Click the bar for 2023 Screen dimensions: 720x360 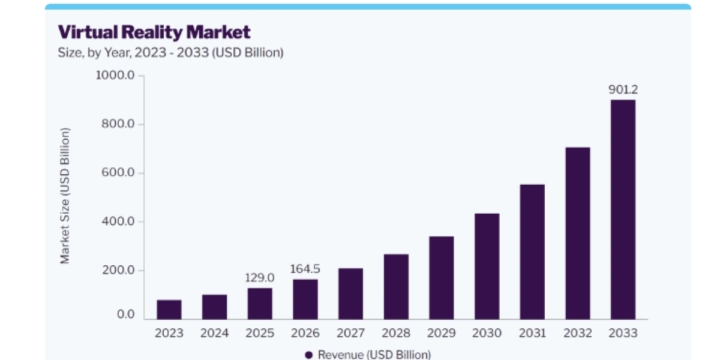point(169,310)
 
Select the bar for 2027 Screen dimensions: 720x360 point(350,294)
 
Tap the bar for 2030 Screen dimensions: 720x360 point(487,266)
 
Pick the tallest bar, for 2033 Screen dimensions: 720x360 point(623,209)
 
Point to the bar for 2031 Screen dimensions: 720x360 point(532,251)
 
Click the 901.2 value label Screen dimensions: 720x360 point(623,89)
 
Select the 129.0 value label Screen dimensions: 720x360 point(260,278)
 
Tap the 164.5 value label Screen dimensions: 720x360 point(305,269)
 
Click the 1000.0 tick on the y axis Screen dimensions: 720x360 point(115,75)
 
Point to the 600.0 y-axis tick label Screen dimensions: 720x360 point(118,173)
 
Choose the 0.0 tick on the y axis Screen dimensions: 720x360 point(125,314)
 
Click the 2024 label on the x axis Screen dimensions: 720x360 point(214,333)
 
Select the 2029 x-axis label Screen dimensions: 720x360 point(442,333)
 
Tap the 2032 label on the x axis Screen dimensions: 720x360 point(578,333)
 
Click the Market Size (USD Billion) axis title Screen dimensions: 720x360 point(65,196)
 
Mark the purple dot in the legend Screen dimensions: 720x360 point(309,355)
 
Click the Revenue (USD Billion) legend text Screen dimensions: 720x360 point(374,355)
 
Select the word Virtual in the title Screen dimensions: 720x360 point(88,32)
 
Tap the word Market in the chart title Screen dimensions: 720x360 point(218,32)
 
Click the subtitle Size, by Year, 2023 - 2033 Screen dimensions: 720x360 point(133,53)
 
